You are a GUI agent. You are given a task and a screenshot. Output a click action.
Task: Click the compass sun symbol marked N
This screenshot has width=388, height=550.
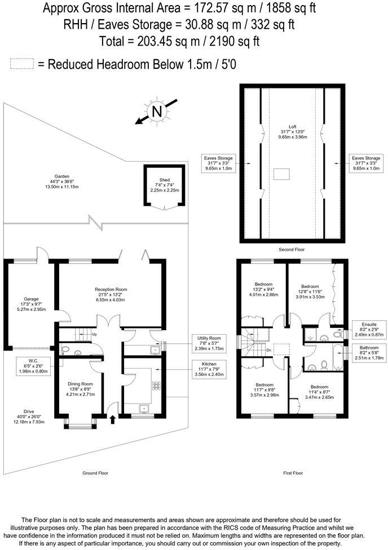point(157,111)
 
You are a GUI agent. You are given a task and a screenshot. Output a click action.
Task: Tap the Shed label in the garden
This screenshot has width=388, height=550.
point(164,185)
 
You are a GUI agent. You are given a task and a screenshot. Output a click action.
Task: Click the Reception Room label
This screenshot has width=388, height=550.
point(111,296)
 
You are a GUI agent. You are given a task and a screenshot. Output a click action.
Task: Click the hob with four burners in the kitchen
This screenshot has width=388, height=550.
point(156,386)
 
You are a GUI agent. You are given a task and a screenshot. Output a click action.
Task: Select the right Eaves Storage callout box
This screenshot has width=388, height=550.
point(365,163)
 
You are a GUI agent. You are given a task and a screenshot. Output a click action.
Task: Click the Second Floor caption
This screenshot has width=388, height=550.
point(293,249)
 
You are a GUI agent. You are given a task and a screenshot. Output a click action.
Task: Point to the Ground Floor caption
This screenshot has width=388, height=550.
point(95,473)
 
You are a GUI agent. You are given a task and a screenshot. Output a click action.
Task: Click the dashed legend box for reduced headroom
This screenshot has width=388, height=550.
point(22,64)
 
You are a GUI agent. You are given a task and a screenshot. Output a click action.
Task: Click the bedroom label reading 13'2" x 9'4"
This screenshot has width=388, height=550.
point(264,289)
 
